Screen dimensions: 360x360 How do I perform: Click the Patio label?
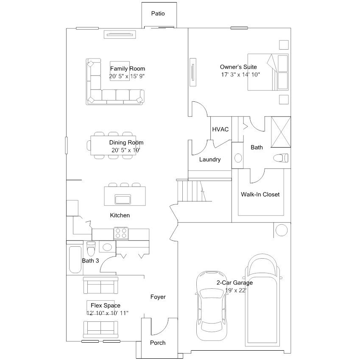point(158,14)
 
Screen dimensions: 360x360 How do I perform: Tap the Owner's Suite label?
point(238,67)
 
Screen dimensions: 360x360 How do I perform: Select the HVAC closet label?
point(220,129)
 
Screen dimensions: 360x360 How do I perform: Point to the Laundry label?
point(210,159)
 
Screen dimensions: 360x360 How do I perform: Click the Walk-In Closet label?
point(260,195)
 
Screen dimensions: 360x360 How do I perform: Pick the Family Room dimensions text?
point(127,76)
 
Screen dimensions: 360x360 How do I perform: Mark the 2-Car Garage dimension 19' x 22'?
point(236,290)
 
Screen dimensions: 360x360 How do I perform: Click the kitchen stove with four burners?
point(121,234)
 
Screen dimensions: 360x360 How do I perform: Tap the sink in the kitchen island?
point(123,199)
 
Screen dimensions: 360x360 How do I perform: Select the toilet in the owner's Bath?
point(281,158)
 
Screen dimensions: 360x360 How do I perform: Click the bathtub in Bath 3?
point(75,260)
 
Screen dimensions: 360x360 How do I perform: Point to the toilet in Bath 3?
point(91,248)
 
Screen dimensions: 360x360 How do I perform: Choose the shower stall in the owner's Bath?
point(281,132)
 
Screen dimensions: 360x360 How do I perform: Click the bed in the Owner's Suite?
point(268,72)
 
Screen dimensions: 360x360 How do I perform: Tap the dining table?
point(113,145)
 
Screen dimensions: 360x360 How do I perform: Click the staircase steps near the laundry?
point(189,190)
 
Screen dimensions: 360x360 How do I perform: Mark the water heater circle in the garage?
point(282,230)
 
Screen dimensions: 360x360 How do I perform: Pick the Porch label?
point(158,343)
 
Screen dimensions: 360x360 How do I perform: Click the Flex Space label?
point(106,306)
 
